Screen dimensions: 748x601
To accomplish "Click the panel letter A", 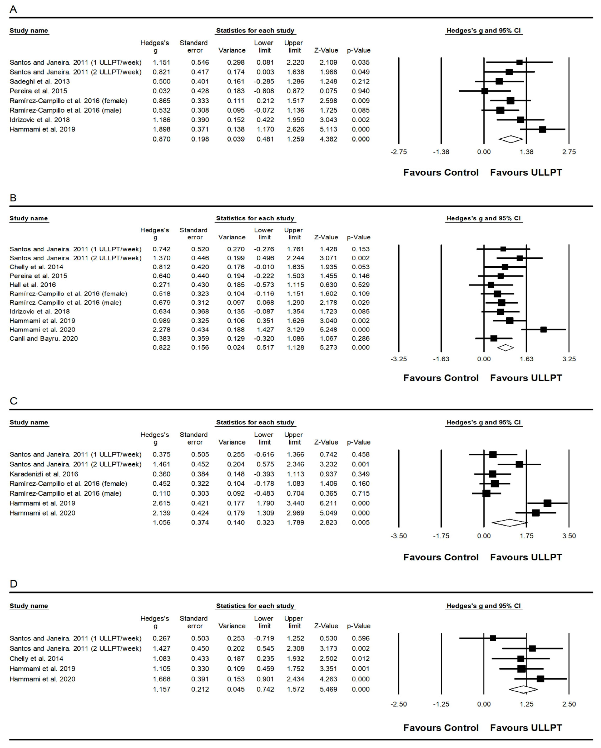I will point(13,9).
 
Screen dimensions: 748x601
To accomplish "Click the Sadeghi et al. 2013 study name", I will point(39,81).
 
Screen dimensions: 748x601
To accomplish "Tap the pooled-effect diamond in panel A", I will point(510,139).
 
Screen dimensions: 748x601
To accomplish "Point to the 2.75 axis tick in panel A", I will point(569,152).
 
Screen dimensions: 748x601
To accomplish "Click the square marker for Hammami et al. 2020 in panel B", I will point(543,330).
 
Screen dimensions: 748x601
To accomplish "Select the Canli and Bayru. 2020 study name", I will point(44,339).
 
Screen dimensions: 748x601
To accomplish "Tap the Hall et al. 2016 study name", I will point(33,285).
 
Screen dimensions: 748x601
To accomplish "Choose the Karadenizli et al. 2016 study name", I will point(44,474).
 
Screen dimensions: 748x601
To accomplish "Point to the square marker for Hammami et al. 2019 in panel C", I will point(547,503).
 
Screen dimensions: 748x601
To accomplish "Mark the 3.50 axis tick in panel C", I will point(569,536).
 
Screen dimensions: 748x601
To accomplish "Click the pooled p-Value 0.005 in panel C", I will point(361,523).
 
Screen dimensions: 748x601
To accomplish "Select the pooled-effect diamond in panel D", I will point(523,689).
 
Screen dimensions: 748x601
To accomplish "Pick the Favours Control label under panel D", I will point(441,728).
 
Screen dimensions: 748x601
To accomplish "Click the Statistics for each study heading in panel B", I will point(255,218).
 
